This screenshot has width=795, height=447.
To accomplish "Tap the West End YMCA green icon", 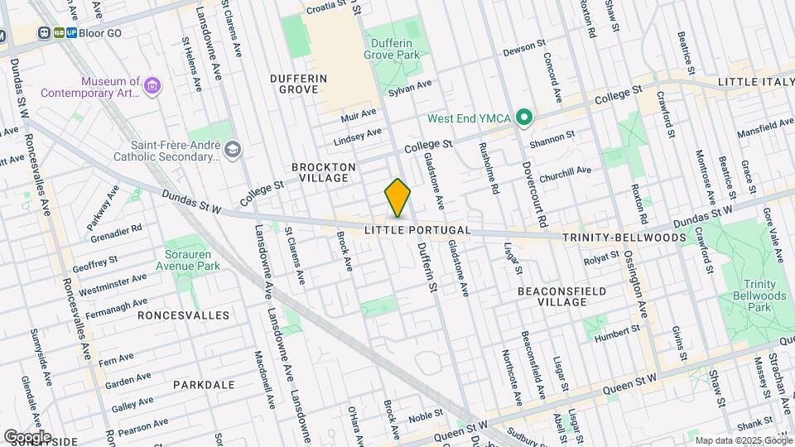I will [x=523, y=118].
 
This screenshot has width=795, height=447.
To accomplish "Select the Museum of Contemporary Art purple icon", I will [x=152, y=86].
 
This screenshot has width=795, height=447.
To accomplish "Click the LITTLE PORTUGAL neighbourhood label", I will [x=418, y=229].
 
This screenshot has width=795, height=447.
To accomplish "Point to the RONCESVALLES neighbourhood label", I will [x=183, y=315].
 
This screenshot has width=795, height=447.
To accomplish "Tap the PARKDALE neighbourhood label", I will [x=198, y=385].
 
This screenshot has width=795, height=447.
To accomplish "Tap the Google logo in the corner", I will [x=26, y=436].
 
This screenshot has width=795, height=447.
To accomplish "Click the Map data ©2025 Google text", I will [x=742, y=440].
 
